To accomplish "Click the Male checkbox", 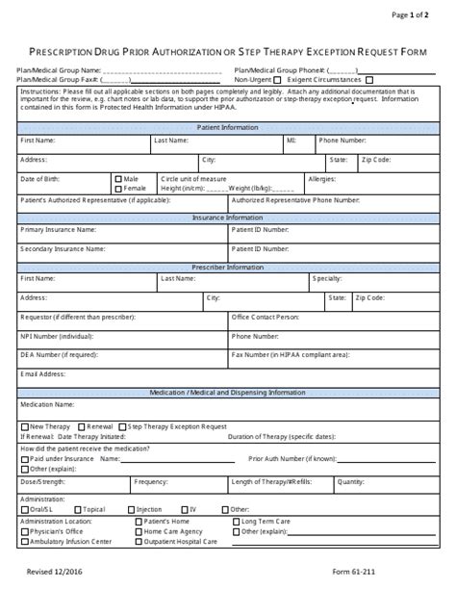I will tap(118, 179).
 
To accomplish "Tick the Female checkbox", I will tap(118, 189).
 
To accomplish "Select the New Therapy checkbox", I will tap(24, 425).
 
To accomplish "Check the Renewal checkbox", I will tap(83, 425).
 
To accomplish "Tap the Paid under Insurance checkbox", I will tap(24, 459).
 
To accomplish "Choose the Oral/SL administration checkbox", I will tap(24, 509).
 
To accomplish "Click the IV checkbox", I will tap(185, 509).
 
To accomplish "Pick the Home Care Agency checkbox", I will tap(139, 531).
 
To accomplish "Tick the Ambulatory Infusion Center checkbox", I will tap(24, 542).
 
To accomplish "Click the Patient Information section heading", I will tap(228, 126).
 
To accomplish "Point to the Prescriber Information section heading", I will tap(228, 265).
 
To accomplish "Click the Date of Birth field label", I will tap(40, 179).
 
